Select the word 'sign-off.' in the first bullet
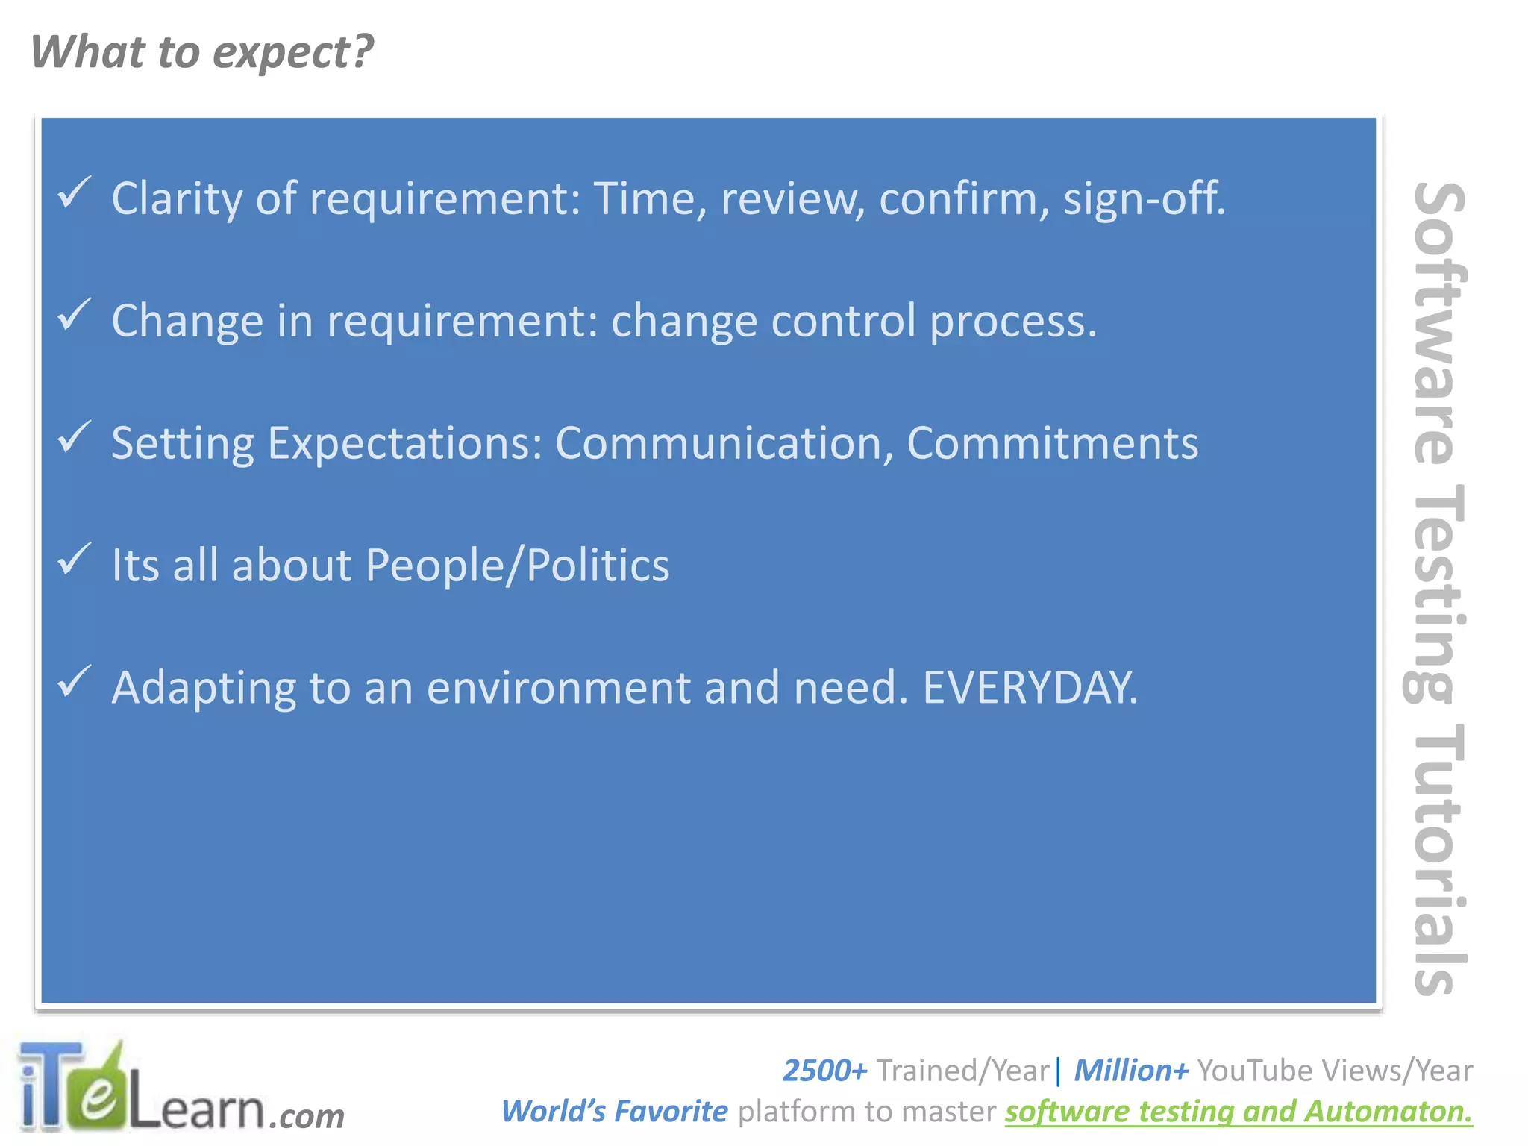click(x=1144, y=198)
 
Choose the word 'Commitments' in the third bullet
click(x=1052, y=443)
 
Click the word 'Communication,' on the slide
click(x=724, y=443)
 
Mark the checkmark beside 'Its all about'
click(x=75, y=560)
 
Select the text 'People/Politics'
click(x=517, y=565)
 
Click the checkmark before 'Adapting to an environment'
click(x=75, y=682)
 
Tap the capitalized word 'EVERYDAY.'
click(x=1030, y=687)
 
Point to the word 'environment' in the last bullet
click(x=558, y=687)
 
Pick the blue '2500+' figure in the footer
click(x=824, y=1071)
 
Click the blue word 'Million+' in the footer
click(x=1131, y=1071)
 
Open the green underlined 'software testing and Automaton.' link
click(x=1239, y=1112)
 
